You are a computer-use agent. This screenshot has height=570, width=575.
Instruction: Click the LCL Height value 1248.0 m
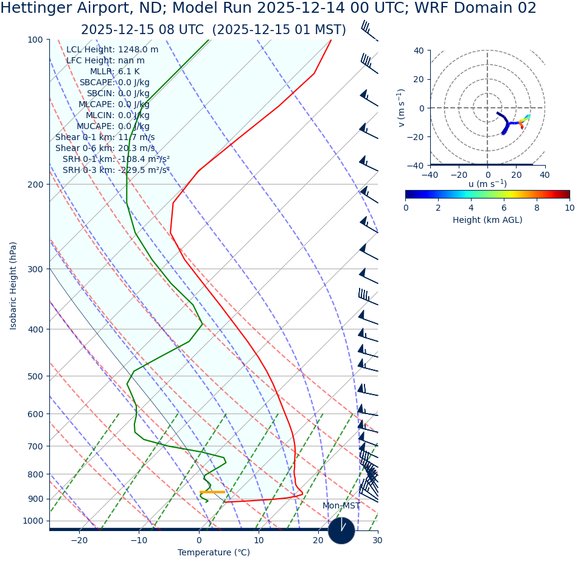[x=138, y=50]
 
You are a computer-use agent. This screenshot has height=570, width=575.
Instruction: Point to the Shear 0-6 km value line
[x=105, y=149]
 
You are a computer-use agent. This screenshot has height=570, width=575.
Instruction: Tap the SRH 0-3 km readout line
[x=116, y=171]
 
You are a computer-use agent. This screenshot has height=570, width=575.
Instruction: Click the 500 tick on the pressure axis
[x=34, y=376]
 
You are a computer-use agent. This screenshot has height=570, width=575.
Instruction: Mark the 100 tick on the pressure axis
[x=34, y=40]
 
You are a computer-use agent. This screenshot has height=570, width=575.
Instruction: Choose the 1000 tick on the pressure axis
[x=33, y=521]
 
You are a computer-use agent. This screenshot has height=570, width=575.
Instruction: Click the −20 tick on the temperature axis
[x=79, y=540]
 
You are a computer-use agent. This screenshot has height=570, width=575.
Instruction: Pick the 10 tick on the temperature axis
[x=259, y=540]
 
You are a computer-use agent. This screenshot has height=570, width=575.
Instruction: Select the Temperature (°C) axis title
[x=214, y=553]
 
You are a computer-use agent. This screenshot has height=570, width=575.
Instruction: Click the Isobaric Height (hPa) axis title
[x=13, y=286]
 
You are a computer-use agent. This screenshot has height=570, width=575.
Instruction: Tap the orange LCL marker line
[x=212, y=491]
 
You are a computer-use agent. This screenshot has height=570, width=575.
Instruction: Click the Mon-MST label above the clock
[x=341, y=506]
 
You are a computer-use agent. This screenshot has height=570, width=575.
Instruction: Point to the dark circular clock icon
[x=341, y=530]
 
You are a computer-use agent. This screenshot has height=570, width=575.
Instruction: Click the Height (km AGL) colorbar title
[x=487, y=220]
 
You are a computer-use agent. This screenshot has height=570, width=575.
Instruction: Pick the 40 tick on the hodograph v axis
[x=419, y=51]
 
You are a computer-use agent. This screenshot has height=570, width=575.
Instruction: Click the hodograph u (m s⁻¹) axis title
[x=487, y=185]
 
